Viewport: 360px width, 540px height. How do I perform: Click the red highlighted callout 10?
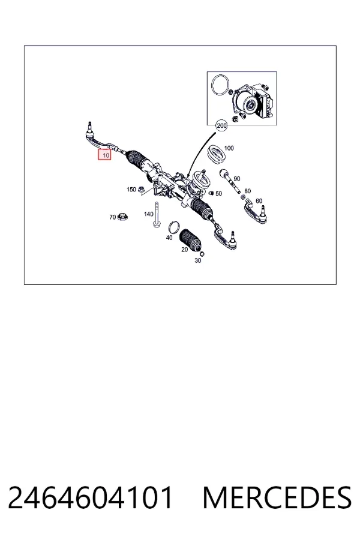tap(105, 155)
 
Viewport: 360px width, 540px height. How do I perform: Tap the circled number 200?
tap(221, 126)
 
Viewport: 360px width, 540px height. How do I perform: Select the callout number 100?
tap(229, 148)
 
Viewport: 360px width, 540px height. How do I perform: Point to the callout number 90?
tap(236, 179)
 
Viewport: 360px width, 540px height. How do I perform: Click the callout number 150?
tap(131, 190)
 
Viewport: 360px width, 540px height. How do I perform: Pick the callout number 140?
tap(148, 214)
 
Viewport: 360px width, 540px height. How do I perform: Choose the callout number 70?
tap(113, 217)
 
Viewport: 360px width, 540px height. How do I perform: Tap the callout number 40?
tap(169, 238)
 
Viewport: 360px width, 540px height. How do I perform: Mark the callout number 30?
tap(198, 261)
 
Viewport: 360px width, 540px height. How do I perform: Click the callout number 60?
tap(259, 201)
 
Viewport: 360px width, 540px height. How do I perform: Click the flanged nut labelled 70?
tap(122, 217)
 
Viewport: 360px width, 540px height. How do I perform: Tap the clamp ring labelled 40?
tap(174, 227)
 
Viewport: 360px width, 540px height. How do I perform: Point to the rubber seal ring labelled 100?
tap(218, 153)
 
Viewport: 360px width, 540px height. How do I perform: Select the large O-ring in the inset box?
tap(220, 84)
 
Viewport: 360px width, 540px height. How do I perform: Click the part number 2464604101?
tap(90, 497)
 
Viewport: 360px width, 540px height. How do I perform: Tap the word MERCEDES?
tap(277, 497)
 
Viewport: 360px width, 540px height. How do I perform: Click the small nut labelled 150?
tap(140, 189)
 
